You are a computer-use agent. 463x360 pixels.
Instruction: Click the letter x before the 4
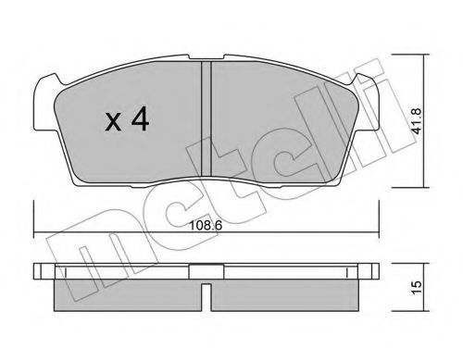click(x=113, y=122)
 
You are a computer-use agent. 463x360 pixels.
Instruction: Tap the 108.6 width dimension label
click(x=206, y=226)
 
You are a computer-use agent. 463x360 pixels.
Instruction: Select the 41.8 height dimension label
click(x=417, y=120)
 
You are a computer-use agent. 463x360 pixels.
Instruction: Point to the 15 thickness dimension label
click(x=417, y=288)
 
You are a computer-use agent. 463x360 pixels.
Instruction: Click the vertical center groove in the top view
click(x=206, y=118)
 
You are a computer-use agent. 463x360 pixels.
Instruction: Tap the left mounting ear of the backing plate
click(x=46, y=104)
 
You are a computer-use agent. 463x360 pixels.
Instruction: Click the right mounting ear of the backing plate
click(x=368, y=104)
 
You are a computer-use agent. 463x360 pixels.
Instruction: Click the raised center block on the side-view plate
click(x=206, y=271)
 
